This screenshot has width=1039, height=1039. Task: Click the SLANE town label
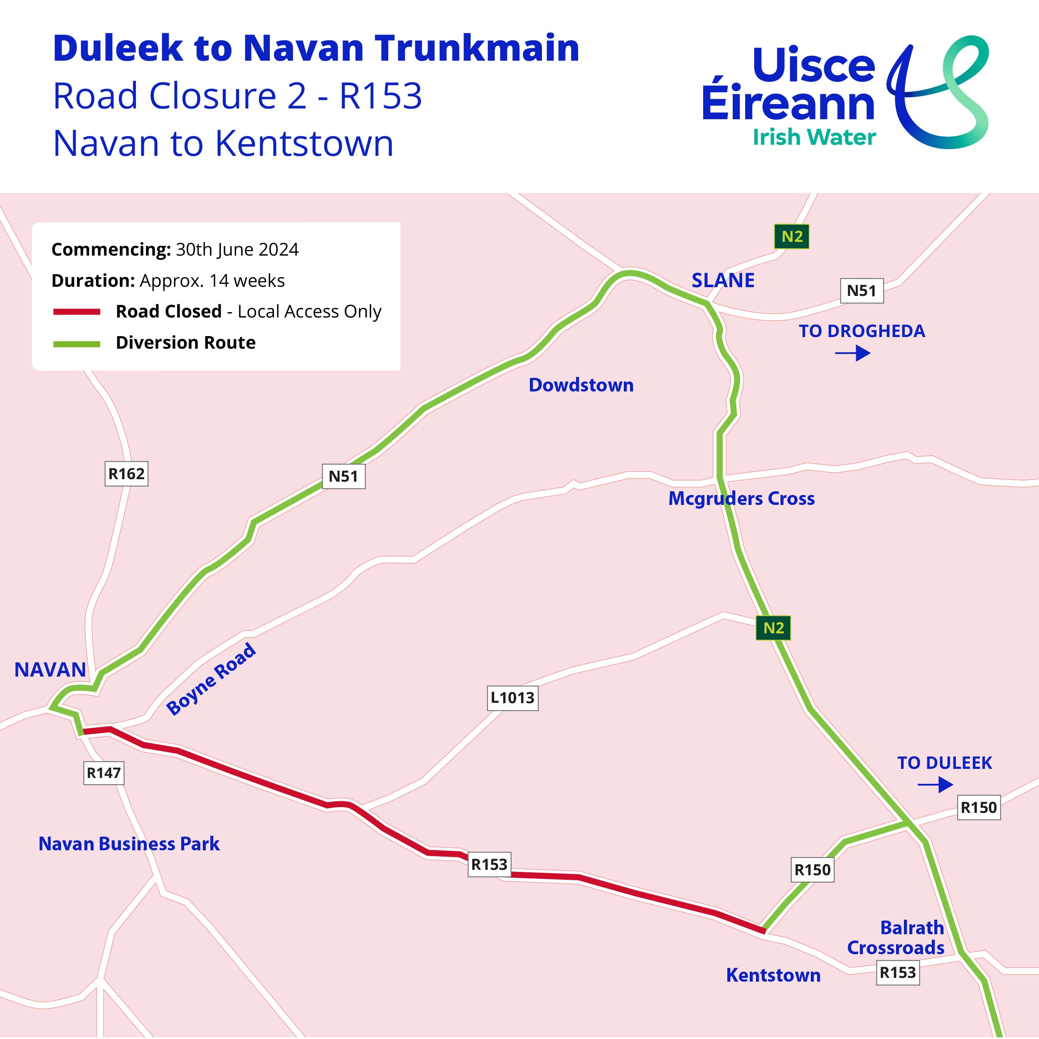723,280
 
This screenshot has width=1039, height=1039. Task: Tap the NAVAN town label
50,670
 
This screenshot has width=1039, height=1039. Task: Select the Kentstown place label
773,975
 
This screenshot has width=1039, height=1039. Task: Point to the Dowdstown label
581,385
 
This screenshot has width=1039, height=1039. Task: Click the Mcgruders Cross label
741,499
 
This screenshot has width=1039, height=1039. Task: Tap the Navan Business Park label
129,844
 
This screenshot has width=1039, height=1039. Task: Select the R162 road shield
126,474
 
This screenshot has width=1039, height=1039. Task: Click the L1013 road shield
512,698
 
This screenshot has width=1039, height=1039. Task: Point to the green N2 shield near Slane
792,236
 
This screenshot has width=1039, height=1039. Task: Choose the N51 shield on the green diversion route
343,476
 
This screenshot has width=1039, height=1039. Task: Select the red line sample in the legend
76,312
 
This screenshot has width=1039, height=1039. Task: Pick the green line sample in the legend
76,344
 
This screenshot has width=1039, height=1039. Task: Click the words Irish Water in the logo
814,137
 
